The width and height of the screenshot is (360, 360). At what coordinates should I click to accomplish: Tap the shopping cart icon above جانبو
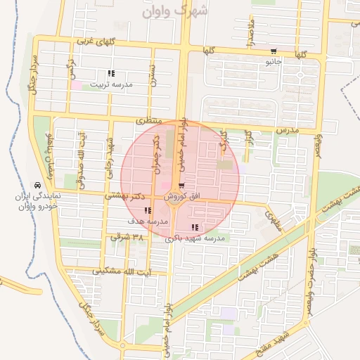pos(274,51)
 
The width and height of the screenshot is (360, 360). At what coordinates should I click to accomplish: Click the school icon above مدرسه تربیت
pos(111,73)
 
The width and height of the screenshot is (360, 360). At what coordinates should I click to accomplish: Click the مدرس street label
pos(287,130)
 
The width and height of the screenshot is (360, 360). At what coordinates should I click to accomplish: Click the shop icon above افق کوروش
pos(182,186)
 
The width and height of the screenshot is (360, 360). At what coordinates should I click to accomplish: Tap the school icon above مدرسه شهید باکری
pos(195,227)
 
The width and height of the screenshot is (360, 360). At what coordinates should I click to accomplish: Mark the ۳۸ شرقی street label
pos(127,238)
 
